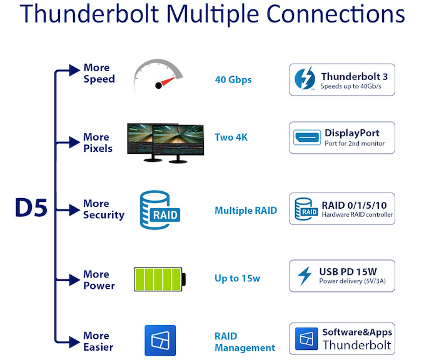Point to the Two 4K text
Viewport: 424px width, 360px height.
coord(231,137)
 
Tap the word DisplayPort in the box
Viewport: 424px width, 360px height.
coord(352,132)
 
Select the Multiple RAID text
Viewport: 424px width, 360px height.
coord(246,211)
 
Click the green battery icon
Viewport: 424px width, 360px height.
coord(159,279)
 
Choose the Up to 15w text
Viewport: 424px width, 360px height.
coord(237,279)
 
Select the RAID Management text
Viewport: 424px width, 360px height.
coord(245,342)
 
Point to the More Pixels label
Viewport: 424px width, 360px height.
coord(98,142)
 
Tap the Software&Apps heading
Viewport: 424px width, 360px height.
coord(356,332)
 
